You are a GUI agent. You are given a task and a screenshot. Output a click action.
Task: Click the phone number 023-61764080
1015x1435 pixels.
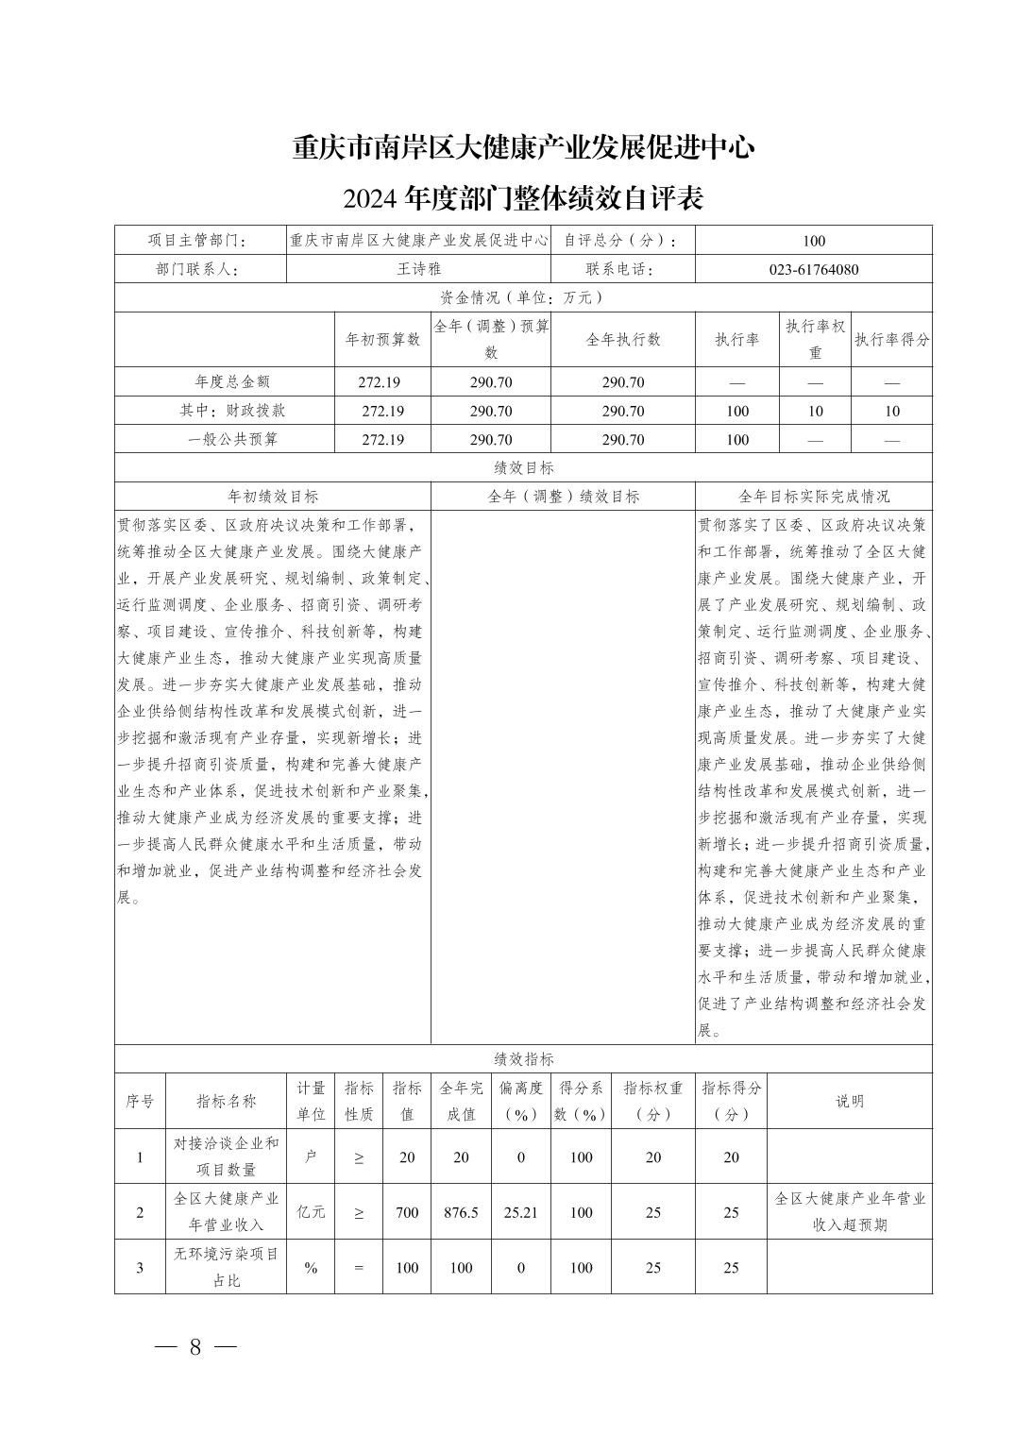[x=813, y=269]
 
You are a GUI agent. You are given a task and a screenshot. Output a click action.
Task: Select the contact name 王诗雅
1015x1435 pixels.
[x=419, y=269]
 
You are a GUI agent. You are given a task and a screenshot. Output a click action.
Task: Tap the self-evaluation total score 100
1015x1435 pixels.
[x=813, y=241]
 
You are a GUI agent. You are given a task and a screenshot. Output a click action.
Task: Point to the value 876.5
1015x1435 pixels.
[x=461, y=1212]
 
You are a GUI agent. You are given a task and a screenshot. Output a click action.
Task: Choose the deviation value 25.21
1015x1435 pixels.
[x=520, y=1212]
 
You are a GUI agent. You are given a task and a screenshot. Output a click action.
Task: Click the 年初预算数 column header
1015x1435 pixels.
[x=382, y=340]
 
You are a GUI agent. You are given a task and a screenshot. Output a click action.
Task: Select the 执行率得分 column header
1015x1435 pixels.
[x=891, y=340]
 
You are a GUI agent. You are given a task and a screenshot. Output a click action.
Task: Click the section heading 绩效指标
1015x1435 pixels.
[x=523, y=1059]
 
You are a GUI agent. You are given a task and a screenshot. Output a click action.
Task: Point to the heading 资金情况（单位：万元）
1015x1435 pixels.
[x=523, y=297]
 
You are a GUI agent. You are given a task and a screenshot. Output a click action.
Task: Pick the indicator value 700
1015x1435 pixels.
[x=407, y=1212]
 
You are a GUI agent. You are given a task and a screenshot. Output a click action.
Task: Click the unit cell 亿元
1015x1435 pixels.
[x=311, y=1212]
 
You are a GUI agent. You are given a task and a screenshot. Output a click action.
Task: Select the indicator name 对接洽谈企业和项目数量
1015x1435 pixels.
[x=227, y=1156]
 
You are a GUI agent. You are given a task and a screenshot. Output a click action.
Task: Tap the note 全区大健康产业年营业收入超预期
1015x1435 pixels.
[x=850, y=1212]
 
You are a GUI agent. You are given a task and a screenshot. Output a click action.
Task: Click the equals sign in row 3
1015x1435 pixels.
[x=359, y=1268]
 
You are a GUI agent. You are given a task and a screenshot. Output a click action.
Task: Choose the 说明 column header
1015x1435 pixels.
[x=850, y=1101]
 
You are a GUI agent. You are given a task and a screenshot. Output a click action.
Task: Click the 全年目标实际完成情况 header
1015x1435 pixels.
[x=813, y=497]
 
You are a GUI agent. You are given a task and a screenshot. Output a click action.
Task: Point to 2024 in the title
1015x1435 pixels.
[x=371, y=200]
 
